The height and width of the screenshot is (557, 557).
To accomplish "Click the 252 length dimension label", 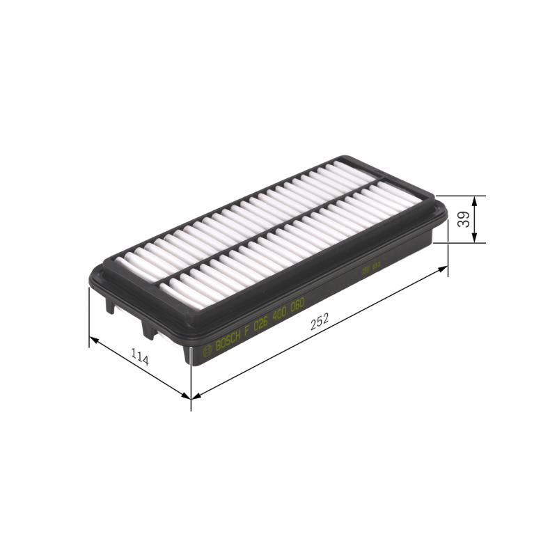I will point(320,322).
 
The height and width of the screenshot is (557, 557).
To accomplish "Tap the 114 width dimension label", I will point(140,359).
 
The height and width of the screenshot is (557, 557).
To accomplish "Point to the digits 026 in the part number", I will point(260,323).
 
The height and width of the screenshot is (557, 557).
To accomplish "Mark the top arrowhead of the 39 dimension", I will point(475,200).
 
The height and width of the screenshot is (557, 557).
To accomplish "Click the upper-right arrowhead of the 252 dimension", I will point(443,268).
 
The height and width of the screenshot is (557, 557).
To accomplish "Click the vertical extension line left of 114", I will point(89,317).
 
